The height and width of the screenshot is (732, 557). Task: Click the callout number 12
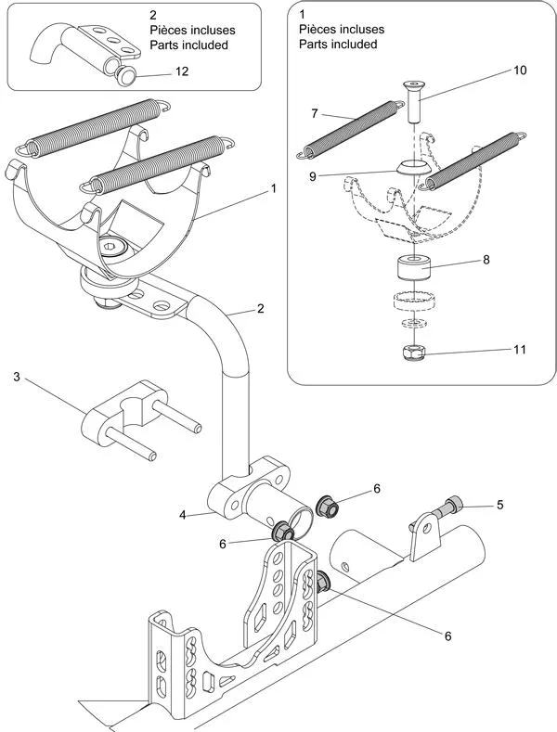click(182, 72)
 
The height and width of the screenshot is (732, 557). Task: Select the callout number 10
click(519, 71)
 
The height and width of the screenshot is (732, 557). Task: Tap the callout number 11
click(519, 350)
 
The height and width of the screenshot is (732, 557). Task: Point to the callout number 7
click(315, 113)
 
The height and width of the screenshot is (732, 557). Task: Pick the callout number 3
click(16, 377)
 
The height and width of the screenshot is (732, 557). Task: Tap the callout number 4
click(183, 514)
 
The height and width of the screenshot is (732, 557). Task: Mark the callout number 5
click(500, 506)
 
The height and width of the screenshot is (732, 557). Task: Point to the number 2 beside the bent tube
click(261, 309)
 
